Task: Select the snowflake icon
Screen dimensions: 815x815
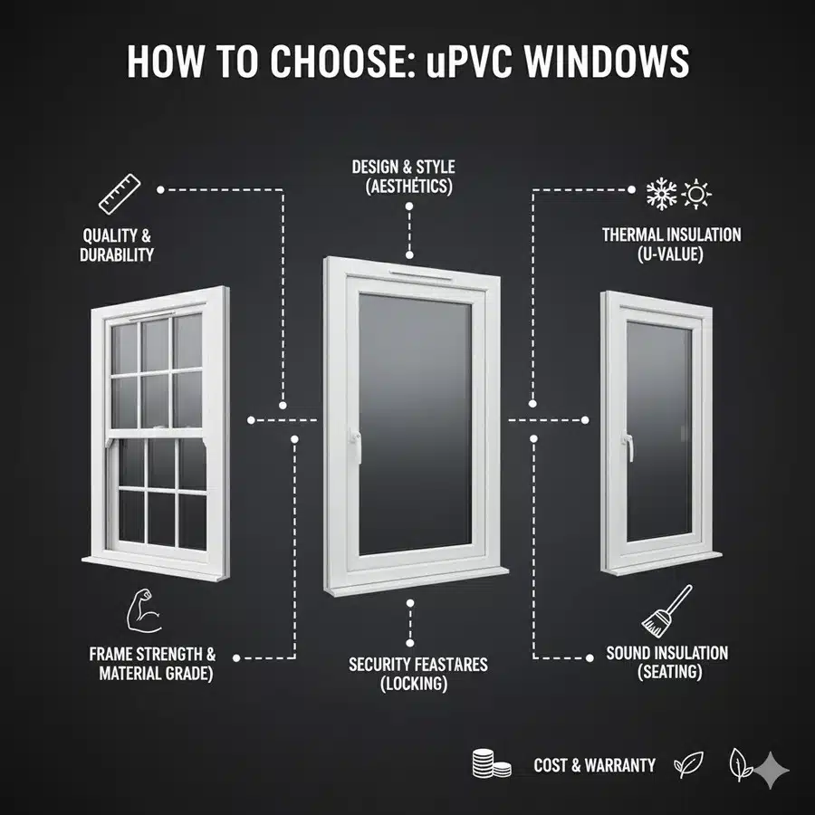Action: point(661,194)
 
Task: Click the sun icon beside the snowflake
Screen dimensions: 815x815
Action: point(697,194)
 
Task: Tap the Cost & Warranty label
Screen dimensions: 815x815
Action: point(594,765)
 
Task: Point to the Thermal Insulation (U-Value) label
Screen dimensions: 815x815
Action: point(671,244)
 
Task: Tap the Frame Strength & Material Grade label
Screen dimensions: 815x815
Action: point(151,663)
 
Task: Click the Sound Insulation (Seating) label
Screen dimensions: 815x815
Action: point(666,662)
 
